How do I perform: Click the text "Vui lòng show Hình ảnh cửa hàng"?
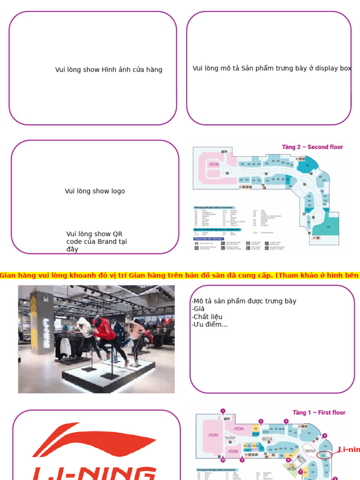point(109,70)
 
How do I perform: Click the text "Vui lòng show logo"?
point(95,191)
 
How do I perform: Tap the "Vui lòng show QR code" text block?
point(97,241)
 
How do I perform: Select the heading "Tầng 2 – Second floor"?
point(312,147)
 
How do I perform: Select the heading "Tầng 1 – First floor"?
point(319,412)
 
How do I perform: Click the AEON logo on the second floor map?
point(213,165)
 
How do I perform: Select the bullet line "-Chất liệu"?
point(207,317)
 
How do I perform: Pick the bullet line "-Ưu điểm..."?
point(210,324)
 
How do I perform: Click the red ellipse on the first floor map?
point(324,455)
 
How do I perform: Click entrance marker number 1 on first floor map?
point(223,411)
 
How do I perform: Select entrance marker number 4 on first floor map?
point(325,436)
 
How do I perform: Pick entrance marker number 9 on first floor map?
point(242,460)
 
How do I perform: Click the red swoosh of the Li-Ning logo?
point(94,441)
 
